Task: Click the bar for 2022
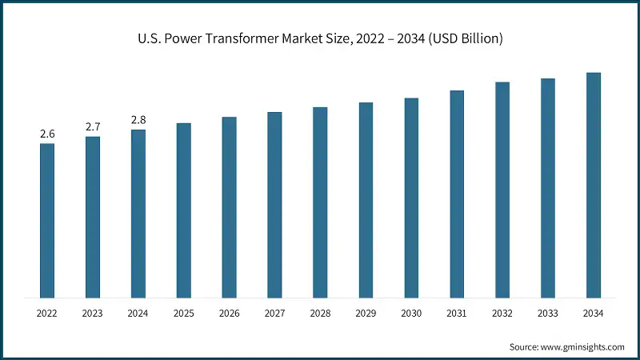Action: pos(47,220)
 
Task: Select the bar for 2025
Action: pos(184,210)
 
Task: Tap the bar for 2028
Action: pos(320,202)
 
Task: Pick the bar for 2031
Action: pos(457,194)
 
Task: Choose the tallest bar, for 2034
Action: pos(594,185)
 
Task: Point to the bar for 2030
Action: pos(411,198)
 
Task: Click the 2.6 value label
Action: pos(47,133)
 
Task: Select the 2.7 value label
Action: pos(93,126)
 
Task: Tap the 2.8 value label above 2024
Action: pos(138,119)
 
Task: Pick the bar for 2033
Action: pos(548,188)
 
